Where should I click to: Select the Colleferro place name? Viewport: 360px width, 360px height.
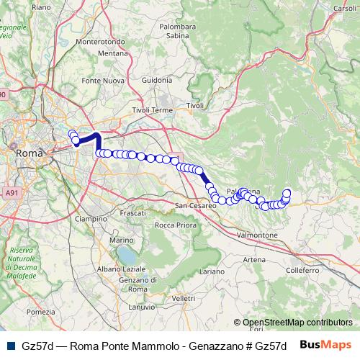(x=302, y=270)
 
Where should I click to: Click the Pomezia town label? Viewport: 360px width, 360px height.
(x=40, y=312)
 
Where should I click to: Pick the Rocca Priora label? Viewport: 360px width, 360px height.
(x=176, y=225)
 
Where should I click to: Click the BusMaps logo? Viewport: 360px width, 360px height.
(x=325, y=345)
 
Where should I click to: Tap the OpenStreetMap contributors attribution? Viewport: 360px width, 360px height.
(x=297, y=323)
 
